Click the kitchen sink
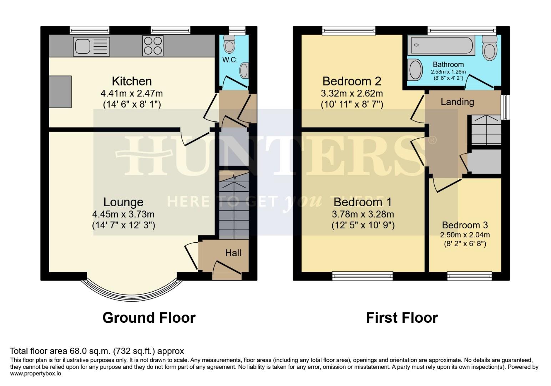coord(91,46)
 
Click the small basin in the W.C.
coord(244,70)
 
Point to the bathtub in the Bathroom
coord(441,45)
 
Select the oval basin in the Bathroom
coord(415,69)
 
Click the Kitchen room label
coord(132,81)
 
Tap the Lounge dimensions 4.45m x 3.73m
coord(123,214)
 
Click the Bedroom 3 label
coord(465,225)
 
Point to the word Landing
coord(457,102)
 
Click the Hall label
coord(233,253)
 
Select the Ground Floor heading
coord(149,318)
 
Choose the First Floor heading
coord(402,318)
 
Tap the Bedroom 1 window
coord(362,275)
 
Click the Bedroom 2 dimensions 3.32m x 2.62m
coord(352,94)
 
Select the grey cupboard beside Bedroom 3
coord(484,161)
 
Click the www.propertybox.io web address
coord(36,373)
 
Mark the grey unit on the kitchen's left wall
coord(60,91)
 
